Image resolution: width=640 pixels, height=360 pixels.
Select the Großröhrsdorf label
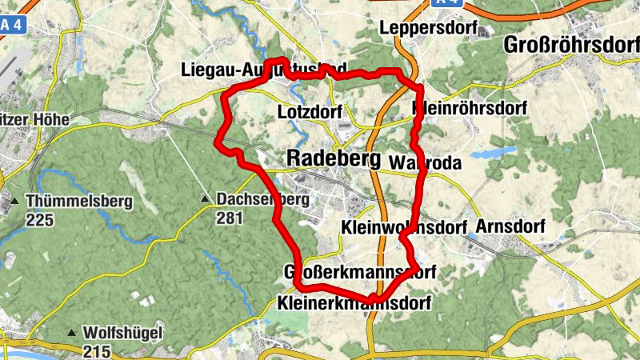tap(572, 46)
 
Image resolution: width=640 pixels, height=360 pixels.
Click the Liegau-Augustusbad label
tap(264, 70)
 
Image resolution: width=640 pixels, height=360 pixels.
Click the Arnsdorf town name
tap(509, 226)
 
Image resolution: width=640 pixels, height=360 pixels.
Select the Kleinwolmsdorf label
tap(403, 227)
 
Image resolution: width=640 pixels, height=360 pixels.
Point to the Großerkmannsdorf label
tap(359, 273)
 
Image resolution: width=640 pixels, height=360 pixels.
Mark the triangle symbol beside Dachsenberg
tap(206, 199)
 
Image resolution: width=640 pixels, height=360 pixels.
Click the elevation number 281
tap(229, 218)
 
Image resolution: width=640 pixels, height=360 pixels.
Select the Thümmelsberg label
tap(78, 202)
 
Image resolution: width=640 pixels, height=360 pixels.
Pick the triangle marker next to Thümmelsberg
tap(15, 201)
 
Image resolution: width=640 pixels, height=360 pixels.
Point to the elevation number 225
tap(39, 219)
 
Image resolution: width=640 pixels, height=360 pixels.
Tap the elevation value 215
tap(96, 350)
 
